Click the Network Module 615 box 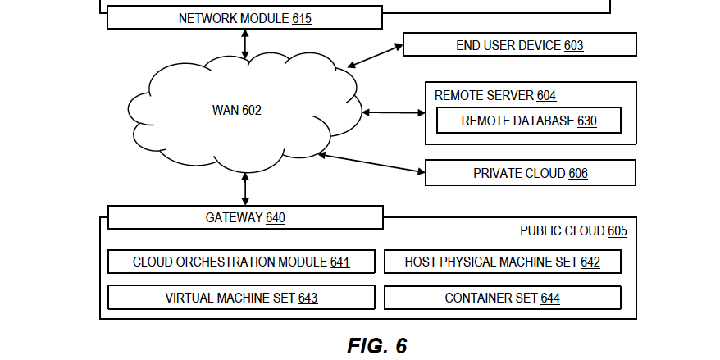point(244,17)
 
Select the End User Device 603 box point(519,46)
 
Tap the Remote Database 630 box point(528,121)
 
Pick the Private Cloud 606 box point(530,173)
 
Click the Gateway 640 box point(244,217)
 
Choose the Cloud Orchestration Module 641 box point(241,262)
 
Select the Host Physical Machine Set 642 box point(502,262)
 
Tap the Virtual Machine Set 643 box point(241,298)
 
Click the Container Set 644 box point(502,298)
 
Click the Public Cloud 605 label point(573,231)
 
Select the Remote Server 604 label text point(495,96)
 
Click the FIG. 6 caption point(377,346)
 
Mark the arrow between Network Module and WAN point(244,43)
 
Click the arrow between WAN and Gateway point(244,189)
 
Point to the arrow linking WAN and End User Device point(374,55)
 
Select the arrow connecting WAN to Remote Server point(392,112)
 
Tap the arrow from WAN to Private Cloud point(371,162)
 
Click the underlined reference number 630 point(586,121)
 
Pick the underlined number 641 point(339,262)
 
